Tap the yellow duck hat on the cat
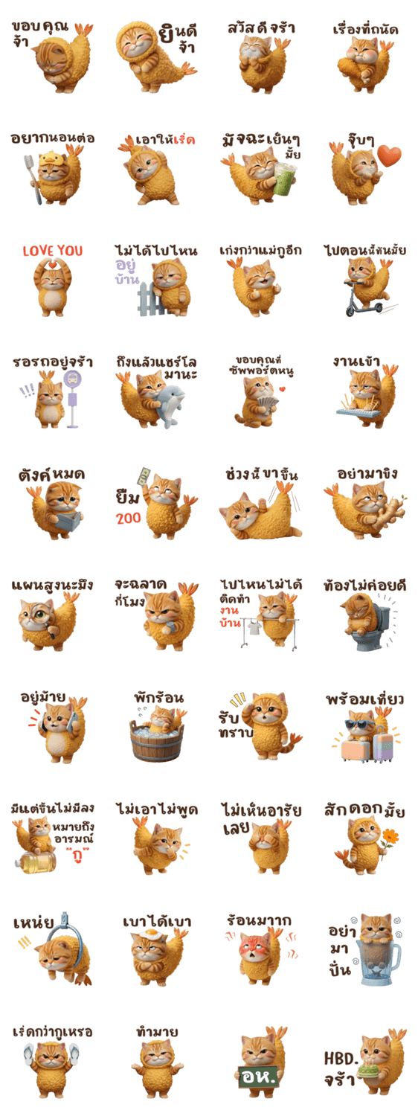tap(54, 159)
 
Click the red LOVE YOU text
tap(53, 251)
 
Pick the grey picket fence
tap(152, 298)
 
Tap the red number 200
tap(129, 518)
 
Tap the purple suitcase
tap(382, 745)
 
